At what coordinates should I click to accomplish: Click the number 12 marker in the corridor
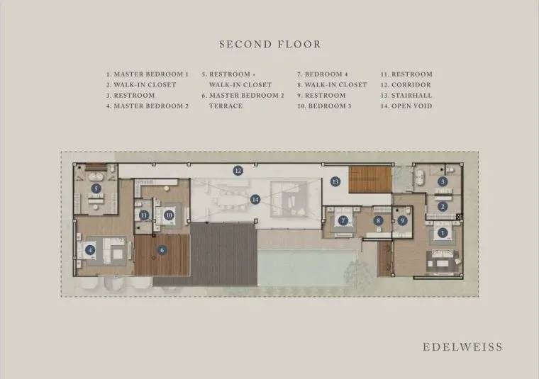(x=238, y=170)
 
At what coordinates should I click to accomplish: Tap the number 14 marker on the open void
(x=255, y=200)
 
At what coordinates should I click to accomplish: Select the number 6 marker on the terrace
(x=162, y=250)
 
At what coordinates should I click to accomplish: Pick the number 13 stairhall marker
(x=335, y=181)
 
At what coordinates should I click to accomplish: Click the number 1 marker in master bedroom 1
(x=443, y=233)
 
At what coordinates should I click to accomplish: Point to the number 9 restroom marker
(x=403, y=221)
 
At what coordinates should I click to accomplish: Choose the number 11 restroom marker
(x=144, y=215)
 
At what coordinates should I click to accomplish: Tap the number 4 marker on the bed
(x=90, y=250)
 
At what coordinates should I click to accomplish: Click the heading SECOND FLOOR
(x=269, y=45)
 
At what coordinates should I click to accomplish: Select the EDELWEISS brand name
(x=462, y=346)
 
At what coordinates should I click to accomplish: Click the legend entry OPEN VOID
(x=412, y=106)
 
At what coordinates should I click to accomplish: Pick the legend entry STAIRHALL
(x=412, y=96)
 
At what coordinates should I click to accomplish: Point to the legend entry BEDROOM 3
(x=330, y=106)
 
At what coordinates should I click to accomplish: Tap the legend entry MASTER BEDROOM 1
(x=151, y=74)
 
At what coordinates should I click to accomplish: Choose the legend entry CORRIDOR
(x=411, y=85)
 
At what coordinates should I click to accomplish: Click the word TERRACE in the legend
(x=226, y=106)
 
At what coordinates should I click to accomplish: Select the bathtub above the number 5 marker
(x=96, y=177)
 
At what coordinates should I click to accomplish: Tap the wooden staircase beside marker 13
(x=370, y=179)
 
